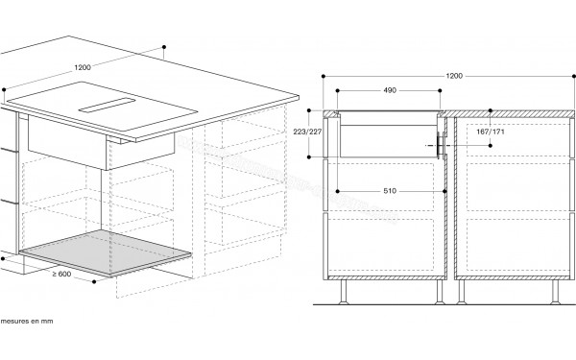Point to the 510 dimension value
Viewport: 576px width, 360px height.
point(390,191)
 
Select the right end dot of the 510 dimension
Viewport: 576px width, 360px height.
point(444,191)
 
